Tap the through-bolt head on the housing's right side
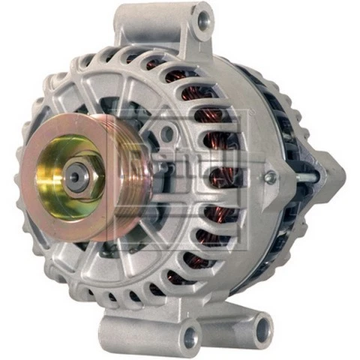271,178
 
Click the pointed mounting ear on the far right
330,176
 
